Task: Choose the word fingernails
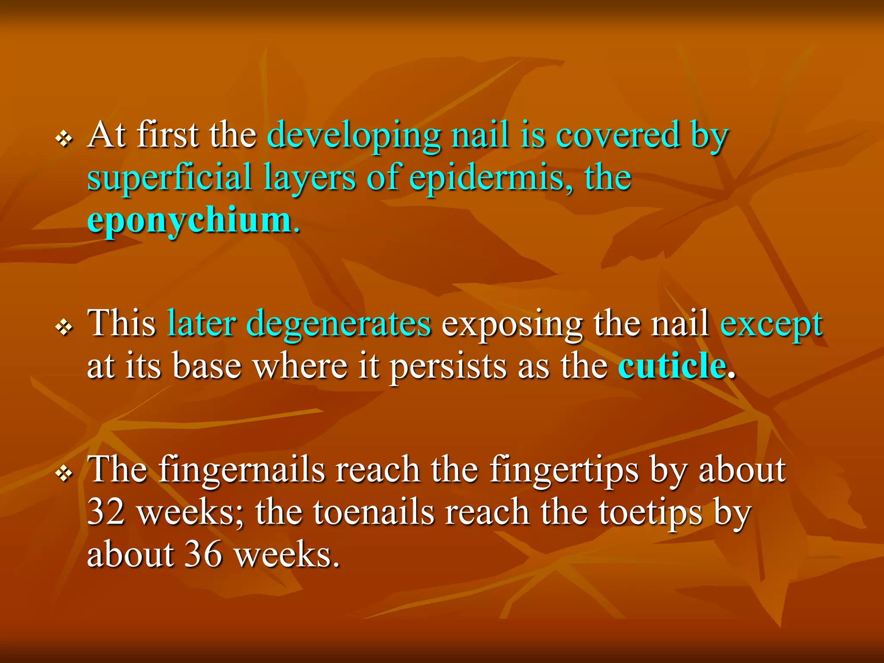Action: pyautogui.click(x=241, y=470)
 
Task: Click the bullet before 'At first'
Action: pyautogui.click(x=64, y=139)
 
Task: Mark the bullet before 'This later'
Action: pyautogui.click(x=64, y=328)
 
